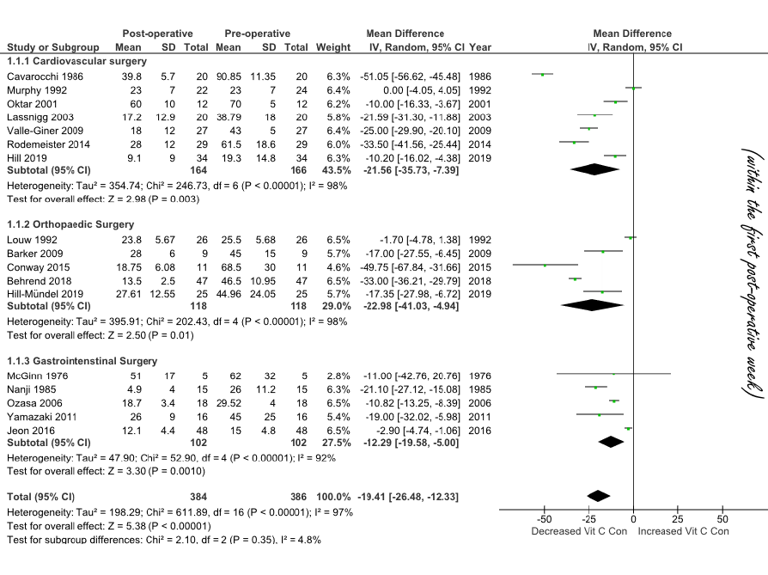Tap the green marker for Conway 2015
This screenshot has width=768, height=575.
click(545, 266)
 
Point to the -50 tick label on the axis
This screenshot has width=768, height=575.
click(544, 521)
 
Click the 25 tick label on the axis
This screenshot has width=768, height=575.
click(677, 521)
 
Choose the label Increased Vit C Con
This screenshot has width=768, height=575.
click(683, 532)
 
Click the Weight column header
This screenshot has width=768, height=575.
click(333, 46)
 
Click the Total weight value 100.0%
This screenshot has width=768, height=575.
click(333, 497)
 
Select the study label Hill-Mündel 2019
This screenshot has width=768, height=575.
click(48, 293)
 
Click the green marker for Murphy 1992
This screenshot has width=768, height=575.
click(633, 88)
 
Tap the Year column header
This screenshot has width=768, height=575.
click(481, 46)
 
